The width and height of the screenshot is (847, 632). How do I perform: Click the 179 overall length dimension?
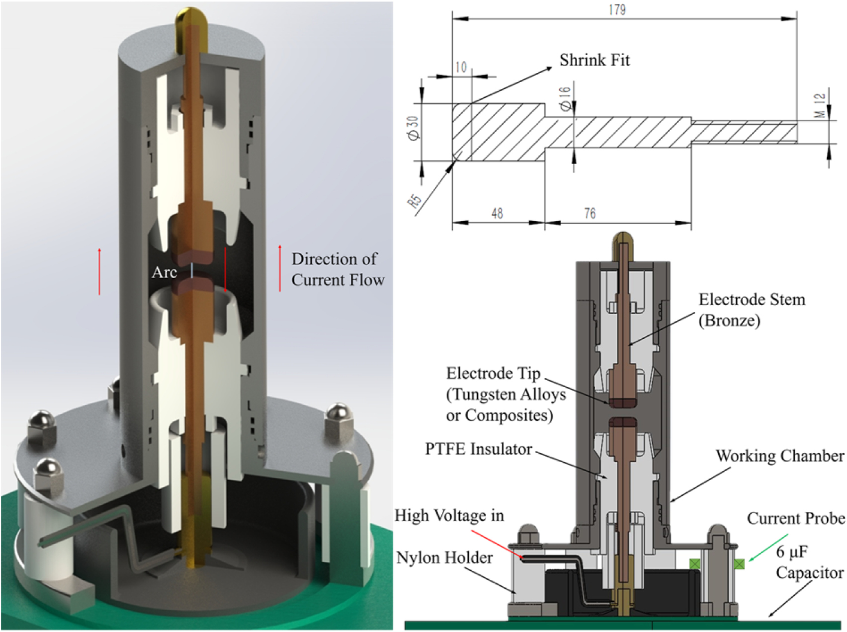point(617,9)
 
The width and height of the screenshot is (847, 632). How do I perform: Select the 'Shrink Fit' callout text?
point(594,60)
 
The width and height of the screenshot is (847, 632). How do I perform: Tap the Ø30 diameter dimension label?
point(414,128)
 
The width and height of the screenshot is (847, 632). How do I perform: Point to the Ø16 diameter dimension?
point(565,98)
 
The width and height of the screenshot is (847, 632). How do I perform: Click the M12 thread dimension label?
point(821,105)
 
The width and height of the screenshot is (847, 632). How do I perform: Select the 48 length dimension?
point(497,214)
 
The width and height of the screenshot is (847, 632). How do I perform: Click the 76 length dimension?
point(590,214)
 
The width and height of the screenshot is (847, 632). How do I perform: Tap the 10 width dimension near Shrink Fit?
point(461,67)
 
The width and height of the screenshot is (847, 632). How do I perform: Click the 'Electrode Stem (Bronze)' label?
point(751,310)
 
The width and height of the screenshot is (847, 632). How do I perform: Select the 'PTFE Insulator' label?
point(478,449)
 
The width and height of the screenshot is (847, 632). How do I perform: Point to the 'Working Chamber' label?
point(779,456)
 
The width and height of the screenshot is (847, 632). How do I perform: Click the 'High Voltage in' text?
point(449,516)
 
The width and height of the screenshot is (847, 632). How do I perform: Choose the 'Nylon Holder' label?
point(444,557)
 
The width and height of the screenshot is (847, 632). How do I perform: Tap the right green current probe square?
point(740,563)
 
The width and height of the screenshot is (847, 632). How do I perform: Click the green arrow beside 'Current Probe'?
point(768,548)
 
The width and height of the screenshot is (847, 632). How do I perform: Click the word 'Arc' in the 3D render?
point(164,272)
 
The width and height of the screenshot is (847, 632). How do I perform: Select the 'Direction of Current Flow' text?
point(338,269)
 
